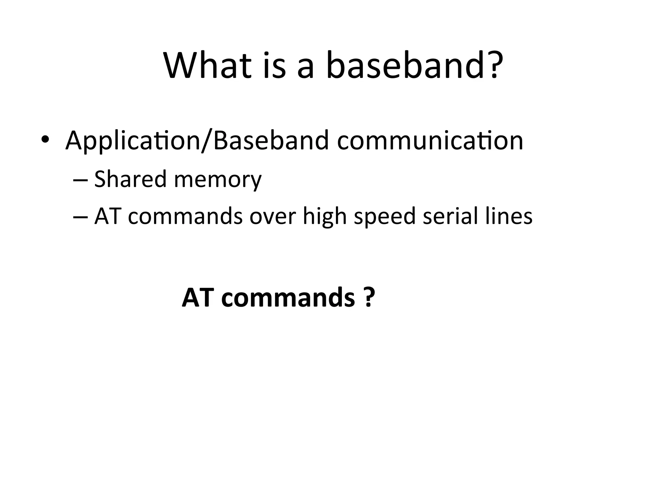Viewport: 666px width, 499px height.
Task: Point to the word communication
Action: click(x=430, y=140)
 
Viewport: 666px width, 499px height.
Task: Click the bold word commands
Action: click(x=287, y=297)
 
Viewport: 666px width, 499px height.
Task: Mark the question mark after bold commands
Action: click(x=368, y=297)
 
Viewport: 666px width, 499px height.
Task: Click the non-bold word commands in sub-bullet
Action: click(x=185, y=216)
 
